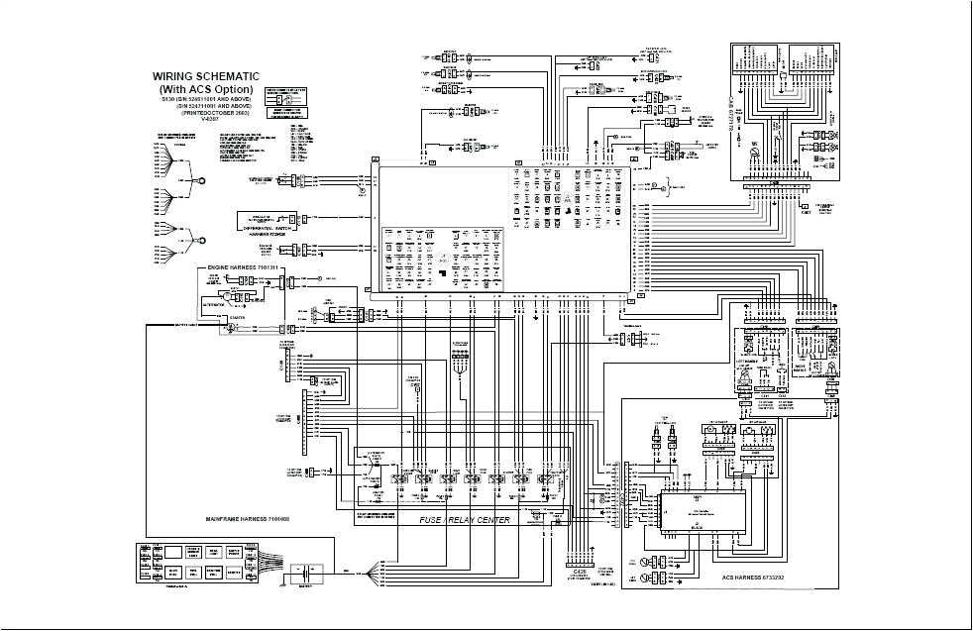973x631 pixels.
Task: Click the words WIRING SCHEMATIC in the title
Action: click(x=205, y=75)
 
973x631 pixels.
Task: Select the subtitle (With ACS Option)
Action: click(x=205, y=89)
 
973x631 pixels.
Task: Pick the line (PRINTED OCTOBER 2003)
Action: click(x=205, y=113)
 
